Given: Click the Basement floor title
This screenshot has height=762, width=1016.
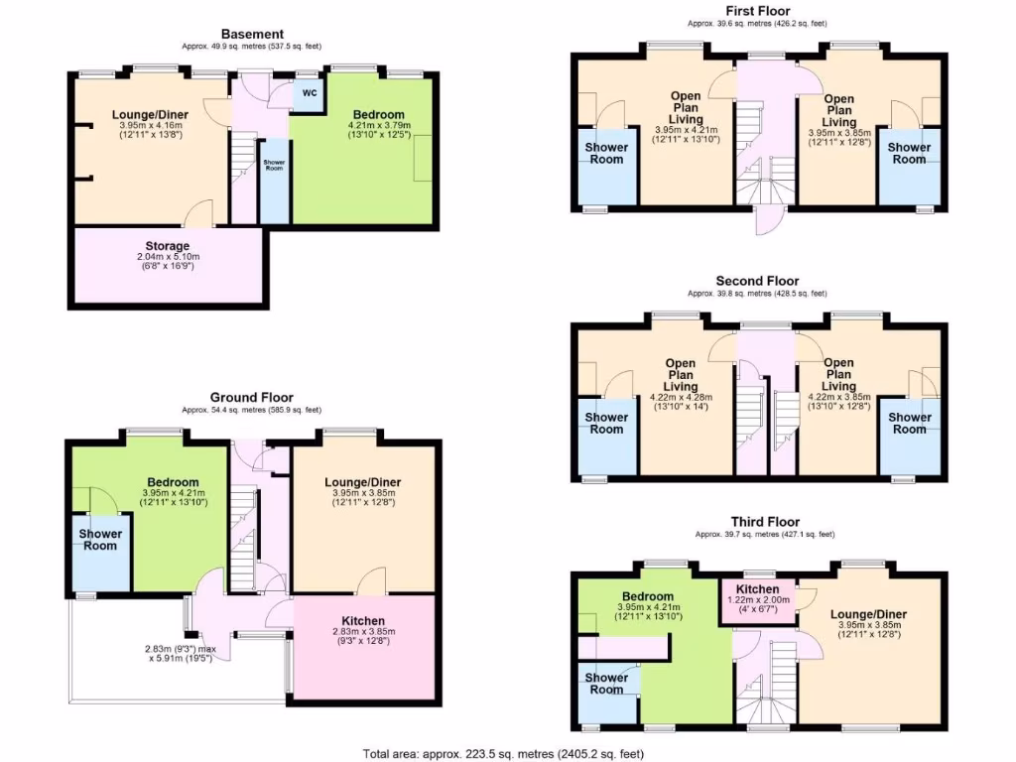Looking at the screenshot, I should (252, 34).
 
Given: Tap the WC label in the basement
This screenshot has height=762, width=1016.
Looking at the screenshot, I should (309, 93).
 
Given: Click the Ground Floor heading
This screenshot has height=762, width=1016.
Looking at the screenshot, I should (252, 396).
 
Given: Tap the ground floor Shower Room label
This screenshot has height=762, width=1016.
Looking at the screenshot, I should (99, 540).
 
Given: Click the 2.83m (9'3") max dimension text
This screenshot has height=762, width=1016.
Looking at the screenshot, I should (178, 650).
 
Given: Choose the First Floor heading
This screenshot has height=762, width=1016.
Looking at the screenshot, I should (757, 11).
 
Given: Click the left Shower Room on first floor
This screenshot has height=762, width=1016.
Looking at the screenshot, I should (605, 153).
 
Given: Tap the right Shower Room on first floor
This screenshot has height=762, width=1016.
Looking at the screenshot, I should (909, 153).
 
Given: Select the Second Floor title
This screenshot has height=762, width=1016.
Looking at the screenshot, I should (757, 281).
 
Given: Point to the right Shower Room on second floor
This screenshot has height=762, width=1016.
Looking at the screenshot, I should (909, 424).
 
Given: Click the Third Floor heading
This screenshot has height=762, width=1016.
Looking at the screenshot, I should (765, 521).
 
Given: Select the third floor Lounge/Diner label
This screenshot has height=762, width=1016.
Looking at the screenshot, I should (868, 614).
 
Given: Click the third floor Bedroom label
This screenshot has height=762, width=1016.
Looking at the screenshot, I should (647, 596).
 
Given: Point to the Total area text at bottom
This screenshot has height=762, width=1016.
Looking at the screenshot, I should (505, 753).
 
